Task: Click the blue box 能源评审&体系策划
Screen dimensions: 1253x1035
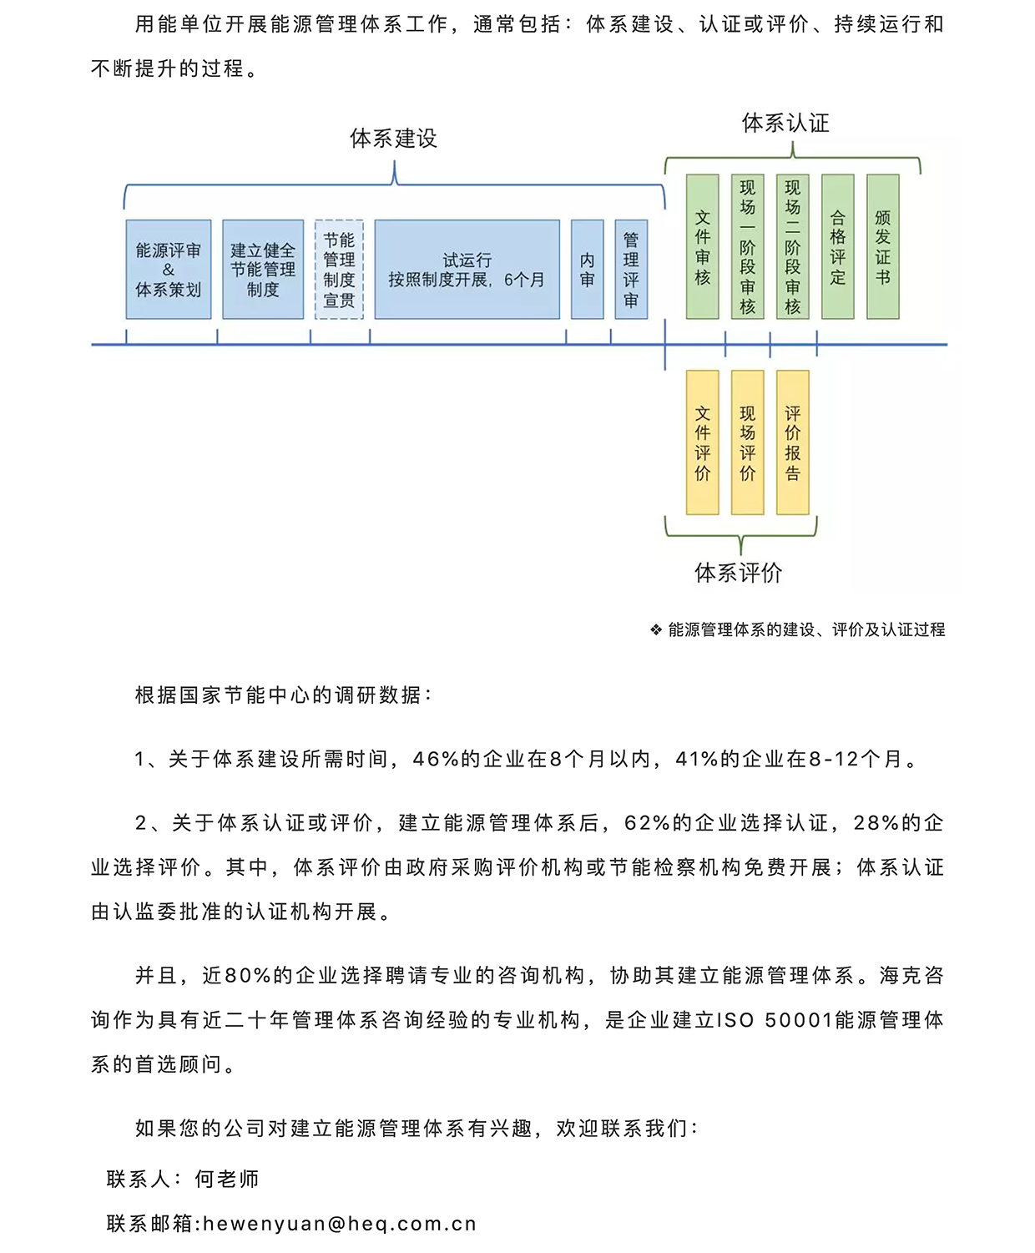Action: click(x=169, y=269)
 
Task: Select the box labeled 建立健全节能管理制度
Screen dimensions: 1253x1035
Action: click(x=263, y=269)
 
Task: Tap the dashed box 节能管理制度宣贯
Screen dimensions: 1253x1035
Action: click(x=339, y=269)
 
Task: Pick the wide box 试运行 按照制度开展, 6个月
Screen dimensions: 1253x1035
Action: click(x=467, y=269)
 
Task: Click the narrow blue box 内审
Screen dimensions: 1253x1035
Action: click(x=587, y=269)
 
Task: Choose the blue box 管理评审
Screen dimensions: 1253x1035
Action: click(x=631, y=269)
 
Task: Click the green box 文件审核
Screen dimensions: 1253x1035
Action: click(x=702, y=246)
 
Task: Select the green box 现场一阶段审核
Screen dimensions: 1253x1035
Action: click(x=747, y=246)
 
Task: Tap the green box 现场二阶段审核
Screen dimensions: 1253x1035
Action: click(x=792, y=246)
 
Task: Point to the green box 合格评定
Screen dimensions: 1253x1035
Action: click(x=837, y=246)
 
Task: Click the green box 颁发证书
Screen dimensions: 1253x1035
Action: click(x=882, y=246)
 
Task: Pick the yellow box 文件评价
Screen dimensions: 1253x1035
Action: click(x=702, y=442)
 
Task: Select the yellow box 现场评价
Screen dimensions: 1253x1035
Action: click(x=747, y=442)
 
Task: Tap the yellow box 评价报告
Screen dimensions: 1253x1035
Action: click(x=792, y=442)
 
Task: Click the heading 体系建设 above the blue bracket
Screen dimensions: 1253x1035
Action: click(x=393, y=139)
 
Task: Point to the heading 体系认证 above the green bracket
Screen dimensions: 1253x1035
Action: click(x=785, y=124)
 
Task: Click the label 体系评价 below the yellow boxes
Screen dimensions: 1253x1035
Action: click(x=739, y=573)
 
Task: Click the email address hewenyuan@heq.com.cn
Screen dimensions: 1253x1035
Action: click(x=339, y=1224)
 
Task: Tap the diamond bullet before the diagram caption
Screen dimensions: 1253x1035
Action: click(x=656, y=629)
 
